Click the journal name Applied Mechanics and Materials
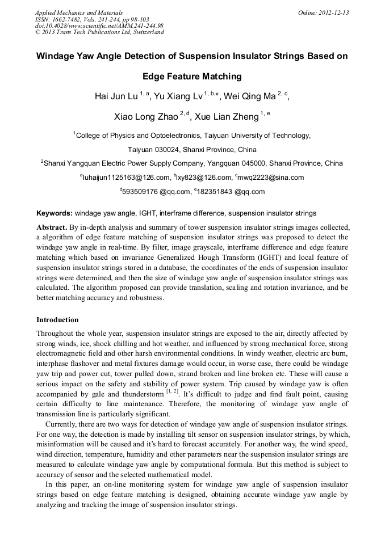(79, 12)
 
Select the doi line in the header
(99, 26)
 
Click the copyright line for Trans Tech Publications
(99, 32)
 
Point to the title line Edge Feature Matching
(192, 77)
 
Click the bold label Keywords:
(55, 213)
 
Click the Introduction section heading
(57, 320)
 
